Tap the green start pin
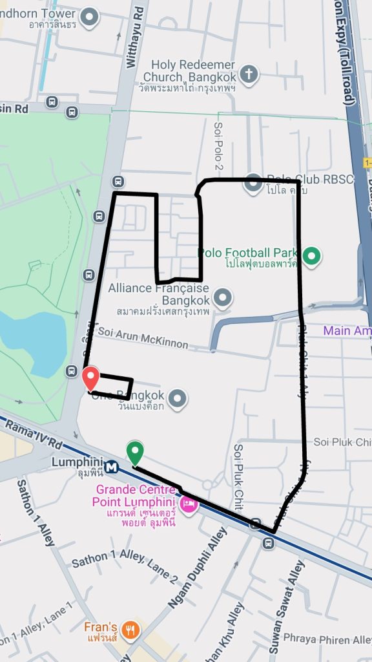click(x=134, y=451)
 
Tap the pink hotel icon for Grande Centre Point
click(x=188, y=503)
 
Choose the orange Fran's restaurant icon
click(x=131, y=629)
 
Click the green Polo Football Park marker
click(x=313, y=257)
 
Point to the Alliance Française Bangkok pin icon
click(x=223, y=298)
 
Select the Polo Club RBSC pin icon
click(x=253, y=185)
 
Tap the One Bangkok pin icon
click(x=178, y=399)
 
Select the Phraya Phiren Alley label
click(x=327, y=639)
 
